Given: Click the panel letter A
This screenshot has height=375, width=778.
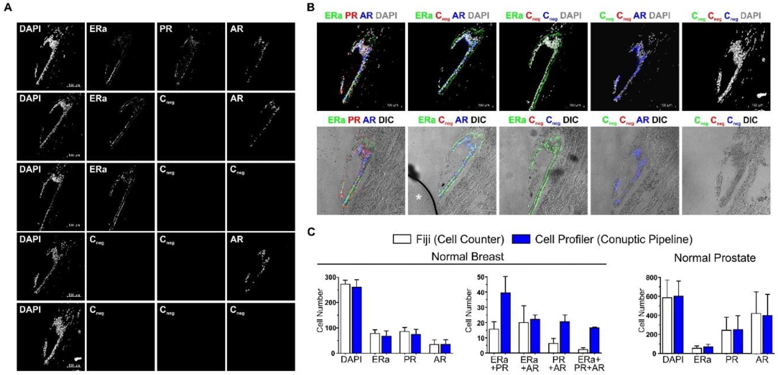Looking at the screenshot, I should (x=8, y=7).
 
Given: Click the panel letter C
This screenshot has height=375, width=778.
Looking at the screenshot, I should (x=311, y=232).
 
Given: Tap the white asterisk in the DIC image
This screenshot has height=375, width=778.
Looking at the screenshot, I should (x=418, y=197).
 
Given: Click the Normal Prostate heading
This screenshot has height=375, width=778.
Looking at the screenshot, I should (x=715, y=258).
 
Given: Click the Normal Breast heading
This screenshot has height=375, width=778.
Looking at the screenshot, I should (x=467, y=256).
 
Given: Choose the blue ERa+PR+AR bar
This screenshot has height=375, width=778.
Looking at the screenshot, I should (x=594, y=340).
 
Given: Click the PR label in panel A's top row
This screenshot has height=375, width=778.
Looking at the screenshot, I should (x=166, y=29).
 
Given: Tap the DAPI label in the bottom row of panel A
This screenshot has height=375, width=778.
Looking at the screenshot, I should (x=30, y=310).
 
